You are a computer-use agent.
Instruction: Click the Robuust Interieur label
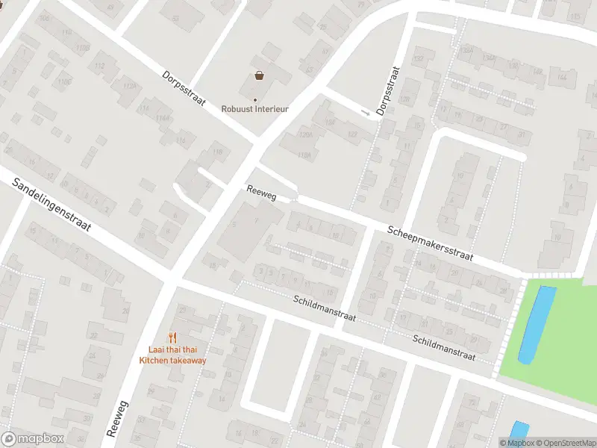click(254, 108)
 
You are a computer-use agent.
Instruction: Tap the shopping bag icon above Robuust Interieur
click(259, 75)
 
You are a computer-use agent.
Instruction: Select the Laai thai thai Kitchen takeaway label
click(172, 355)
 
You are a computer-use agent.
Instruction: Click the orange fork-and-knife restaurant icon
click(172, 337)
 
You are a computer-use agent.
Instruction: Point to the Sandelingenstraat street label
click(51, 201)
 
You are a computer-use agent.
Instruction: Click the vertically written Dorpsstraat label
click(388, 91)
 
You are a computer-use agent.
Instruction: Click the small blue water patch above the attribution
click(519, 430)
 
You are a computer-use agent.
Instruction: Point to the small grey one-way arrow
click(365, 113)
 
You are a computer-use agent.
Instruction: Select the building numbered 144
click(562, 77)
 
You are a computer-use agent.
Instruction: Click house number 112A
click(130, 86)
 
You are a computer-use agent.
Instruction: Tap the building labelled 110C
click(64, 81)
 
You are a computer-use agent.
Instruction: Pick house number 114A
click(163, 119)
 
